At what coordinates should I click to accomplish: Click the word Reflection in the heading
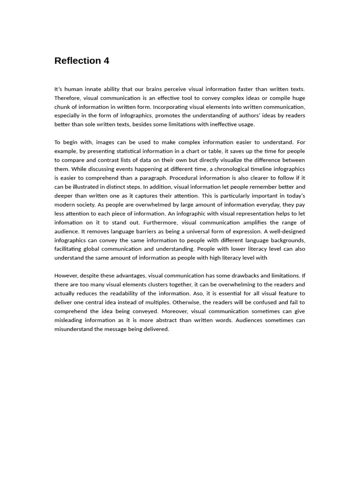tap(77, 61)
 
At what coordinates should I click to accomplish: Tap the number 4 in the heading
tap(106, 61)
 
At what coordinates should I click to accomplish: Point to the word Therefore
tap(67, 98)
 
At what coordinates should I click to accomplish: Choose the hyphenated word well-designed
tap(285, 232)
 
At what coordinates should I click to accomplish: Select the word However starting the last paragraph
tap(67, 276)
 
